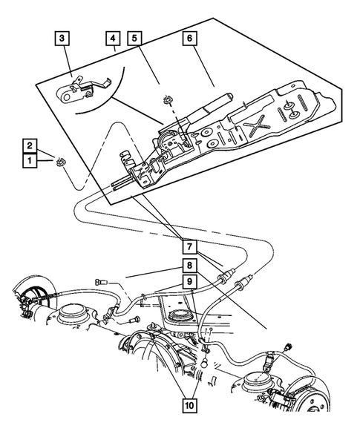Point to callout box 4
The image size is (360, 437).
113,37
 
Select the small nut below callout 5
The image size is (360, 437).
162,100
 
